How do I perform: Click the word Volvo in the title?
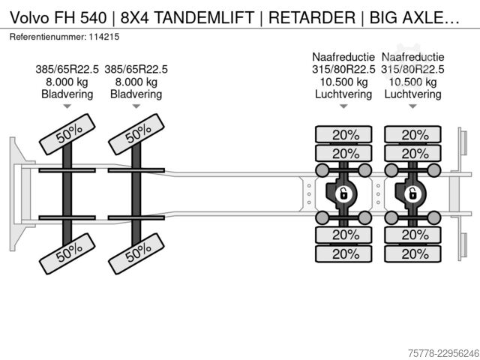tap(30, 17)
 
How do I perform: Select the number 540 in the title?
tap(93, 17)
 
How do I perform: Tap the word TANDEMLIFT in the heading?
tap(204, 17)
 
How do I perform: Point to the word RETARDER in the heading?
tap(312, 17)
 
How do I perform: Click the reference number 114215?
tap(104, 37)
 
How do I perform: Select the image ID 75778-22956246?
tap(444, 353)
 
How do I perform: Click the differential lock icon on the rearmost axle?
tap(412, 194)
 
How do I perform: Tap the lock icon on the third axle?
tap(343, 194)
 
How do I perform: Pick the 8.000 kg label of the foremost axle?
tap(67, 82)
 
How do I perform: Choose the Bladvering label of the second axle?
tap(136, 94)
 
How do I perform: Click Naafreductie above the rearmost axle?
tap(412, 57)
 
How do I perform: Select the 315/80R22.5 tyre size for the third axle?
tap(343, 70)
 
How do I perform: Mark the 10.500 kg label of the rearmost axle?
tap(412, 82)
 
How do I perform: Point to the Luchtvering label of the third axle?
tap(343, 94)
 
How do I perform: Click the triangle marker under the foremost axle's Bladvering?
tap(67, 106)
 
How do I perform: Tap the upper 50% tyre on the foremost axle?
tap(67, 134)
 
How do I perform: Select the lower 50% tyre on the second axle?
tap(136, 253)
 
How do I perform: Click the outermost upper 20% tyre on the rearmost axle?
tap(412, 134)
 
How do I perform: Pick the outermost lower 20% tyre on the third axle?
tap(343, 253)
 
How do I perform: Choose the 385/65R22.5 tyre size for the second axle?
tap(136, 70)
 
